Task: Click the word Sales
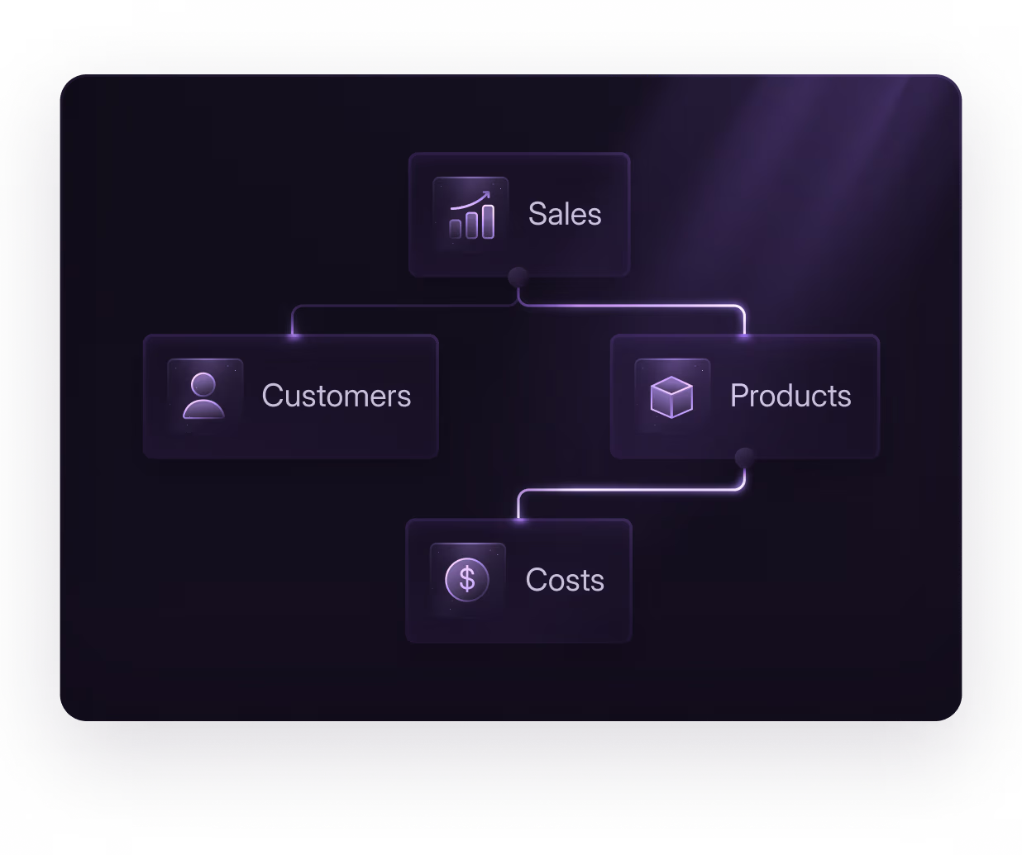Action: click(565, 214)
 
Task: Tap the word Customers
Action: click(336, 396)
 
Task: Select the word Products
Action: click(790, 396)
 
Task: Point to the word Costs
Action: click(565, 580)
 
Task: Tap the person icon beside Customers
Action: click(203, 396)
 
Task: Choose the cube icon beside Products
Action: click(671, 397)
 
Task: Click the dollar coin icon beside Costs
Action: click(467, 580)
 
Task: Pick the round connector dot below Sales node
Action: click(518, 277)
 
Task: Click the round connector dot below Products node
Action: click(745, 458)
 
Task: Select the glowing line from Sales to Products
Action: click(645, 306)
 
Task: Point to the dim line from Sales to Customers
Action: click(397, 306)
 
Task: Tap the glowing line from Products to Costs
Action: click(628, 490)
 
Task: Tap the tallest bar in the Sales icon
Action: click(488, 221)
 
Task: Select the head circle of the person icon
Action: click(203, 384)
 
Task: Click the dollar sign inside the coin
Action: click(467, 579)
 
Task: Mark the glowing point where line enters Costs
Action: click(519, 519)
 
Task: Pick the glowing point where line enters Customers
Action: click(294, 335)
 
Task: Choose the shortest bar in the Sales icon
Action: click(456, 229)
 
